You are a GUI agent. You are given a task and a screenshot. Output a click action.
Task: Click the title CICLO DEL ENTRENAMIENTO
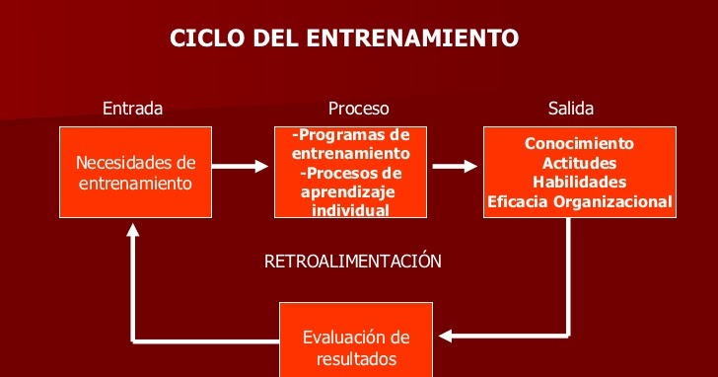click(344, 38)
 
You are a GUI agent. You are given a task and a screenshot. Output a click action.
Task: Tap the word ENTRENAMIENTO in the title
click(413, 38)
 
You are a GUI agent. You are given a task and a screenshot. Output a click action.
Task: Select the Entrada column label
click(132, 109)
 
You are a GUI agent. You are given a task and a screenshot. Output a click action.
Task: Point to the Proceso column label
click(358, 109)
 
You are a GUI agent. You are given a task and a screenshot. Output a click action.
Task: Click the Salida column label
click(571, 109)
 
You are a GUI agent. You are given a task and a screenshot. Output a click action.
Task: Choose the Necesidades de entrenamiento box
click(136, 173)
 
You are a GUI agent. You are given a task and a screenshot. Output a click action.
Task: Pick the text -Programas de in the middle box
click(352, 134)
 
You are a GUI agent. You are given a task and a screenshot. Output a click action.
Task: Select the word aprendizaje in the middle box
click(347, 191)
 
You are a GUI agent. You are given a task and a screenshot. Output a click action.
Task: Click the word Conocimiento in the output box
click(579, 144)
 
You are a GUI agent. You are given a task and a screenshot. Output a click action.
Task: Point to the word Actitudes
click(579, 163)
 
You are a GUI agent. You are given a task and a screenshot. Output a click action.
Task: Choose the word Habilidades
click(579, 183)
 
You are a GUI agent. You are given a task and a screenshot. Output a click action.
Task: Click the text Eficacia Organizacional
click(579, 202)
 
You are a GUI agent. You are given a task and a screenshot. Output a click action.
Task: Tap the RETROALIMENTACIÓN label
click(353, 262)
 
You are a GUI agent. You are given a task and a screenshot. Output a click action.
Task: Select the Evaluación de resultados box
click(356, 347)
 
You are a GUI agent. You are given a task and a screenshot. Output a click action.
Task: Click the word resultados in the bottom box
click(356, 358)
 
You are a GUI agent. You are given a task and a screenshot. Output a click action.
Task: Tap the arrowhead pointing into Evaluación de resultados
click(447, 337)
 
